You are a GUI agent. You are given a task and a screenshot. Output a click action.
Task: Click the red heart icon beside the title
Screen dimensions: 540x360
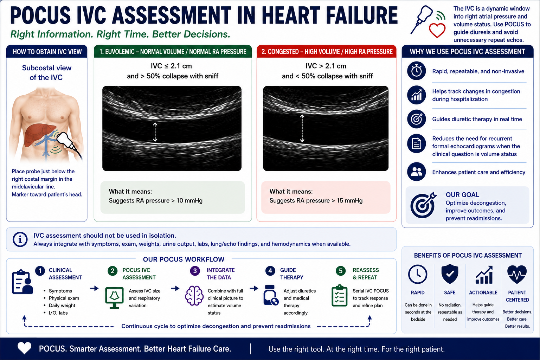point(437,30)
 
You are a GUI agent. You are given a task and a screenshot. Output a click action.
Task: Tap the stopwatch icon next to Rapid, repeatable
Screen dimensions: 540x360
point(416,71)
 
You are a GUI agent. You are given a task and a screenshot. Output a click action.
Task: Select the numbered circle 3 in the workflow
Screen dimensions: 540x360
point(195,271)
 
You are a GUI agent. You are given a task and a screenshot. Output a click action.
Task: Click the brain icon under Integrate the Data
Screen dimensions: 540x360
point(194,296)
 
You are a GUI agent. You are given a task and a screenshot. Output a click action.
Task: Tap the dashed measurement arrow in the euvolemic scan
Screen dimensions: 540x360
point(155,132)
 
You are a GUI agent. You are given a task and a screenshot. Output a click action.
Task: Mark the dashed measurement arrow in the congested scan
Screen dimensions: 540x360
point(302,128)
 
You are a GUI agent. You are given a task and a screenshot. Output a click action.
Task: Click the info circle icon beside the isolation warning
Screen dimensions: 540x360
point(20,239)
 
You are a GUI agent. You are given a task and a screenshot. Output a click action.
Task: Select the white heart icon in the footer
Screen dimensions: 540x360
point(24,348)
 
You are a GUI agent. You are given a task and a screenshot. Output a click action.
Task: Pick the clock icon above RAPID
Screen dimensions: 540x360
point(418,274)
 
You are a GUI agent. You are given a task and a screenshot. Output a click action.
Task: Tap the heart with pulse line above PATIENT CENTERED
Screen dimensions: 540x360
point(517,275)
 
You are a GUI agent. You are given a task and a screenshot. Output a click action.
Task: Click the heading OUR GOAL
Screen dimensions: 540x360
point(462,194)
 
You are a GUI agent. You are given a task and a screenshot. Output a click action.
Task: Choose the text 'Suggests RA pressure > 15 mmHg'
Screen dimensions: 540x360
point(316,201)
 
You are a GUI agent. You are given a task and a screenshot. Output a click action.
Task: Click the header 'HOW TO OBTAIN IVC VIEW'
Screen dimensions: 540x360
point(47,52)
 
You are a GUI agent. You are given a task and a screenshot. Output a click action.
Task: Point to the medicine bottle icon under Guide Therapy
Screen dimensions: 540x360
point(271,295)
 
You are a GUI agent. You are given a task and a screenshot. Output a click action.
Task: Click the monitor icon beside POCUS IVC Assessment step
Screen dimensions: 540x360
point(114,297)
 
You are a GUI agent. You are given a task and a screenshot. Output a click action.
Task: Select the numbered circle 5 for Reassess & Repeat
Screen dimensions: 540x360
point(341,271)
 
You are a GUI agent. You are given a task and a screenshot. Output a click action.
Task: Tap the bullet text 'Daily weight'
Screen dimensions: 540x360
point(62,305)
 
